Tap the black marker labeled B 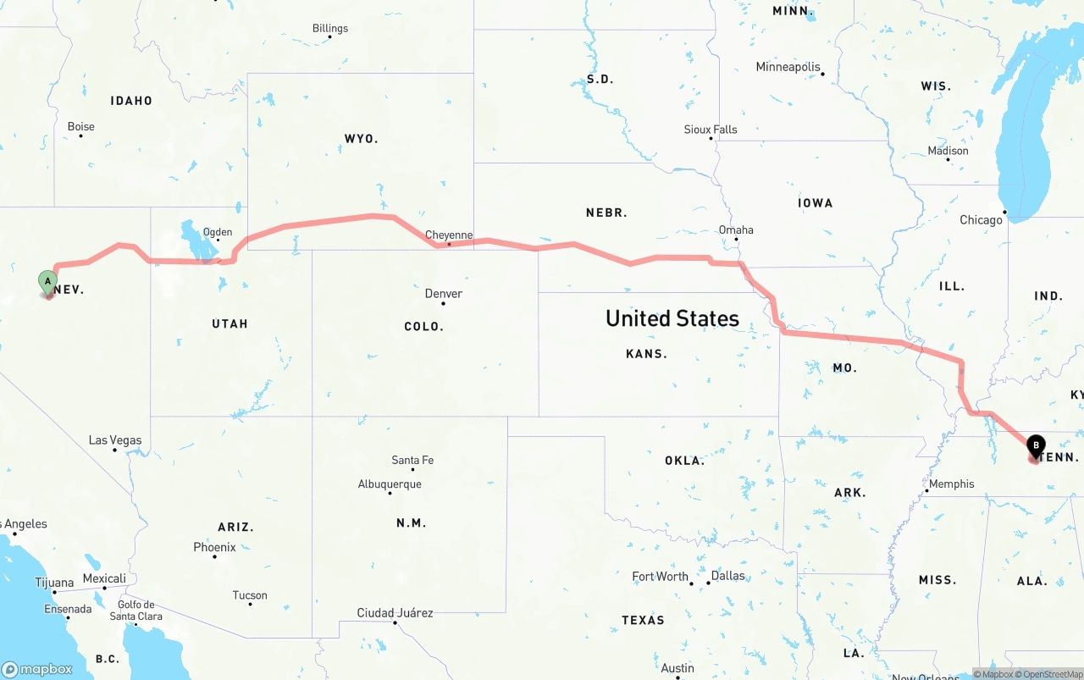(x=1036, y=445)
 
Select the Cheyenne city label (x=449, y=235)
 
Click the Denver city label (x=444, y=294)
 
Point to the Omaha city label (x=736, y=229)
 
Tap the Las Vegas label (x=115, y=440)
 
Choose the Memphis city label (x=952, y=484)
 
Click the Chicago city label (x=981, y=220)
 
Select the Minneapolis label (x=788, y=67)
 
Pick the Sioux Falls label (x=711, y=130)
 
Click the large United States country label (x=672, y=318)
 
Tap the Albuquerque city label (x=390, y=484)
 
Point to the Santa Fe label (x=412, y=460)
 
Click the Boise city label (x=81, y=127)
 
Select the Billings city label (x=330, y=28)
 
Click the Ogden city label (x=217, y=232)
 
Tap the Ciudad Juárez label (x=395, y=612)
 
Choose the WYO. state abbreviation (x=362, y=138)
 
